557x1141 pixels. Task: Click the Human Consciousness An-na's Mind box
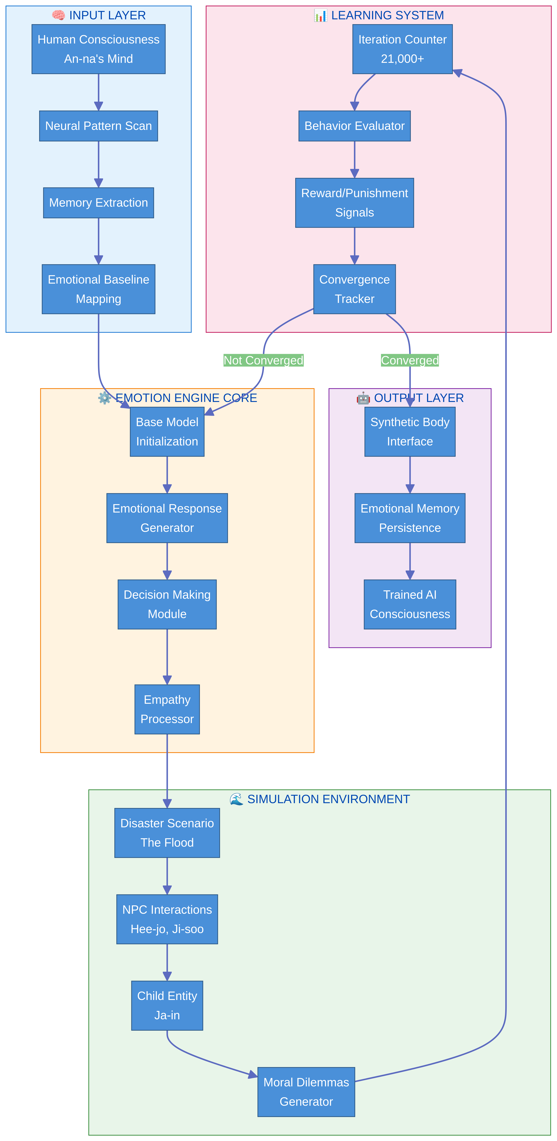pos(98,49)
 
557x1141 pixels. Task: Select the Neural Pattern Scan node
pos(98,126)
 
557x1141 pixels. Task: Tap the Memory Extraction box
pos(98,203)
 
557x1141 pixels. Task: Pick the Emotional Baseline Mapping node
pos(98,289)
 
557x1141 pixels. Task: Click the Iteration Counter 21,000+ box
pos(402,49)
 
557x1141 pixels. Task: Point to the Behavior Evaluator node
pos(354,126)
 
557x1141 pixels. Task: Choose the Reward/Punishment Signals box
pos(354,203)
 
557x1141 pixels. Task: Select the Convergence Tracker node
pos(354,289)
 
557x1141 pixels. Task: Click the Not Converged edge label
pos(263,361)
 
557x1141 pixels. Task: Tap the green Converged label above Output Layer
pos(410,361)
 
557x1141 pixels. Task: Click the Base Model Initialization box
pos(167,432)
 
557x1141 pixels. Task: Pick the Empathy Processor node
pos(167,709)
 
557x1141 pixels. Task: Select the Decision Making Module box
pos(167,604)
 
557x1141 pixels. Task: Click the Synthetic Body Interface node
pos(410,432)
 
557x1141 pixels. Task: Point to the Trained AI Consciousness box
pos(410,604)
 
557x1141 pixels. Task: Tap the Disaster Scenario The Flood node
pos(167,833)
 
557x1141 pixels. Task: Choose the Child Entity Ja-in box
pos(167,1006)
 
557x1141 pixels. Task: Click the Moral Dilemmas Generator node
pos(306,1092)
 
